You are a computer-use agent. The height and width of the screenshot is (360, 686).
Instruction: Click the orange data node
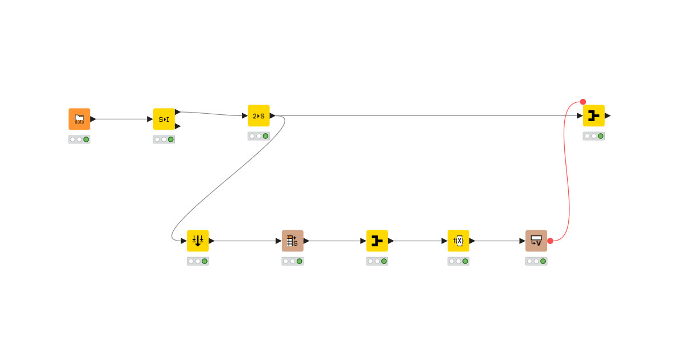tap(79, 119)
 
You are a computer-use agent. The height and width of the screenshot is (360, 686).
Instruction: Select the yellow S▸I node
tap(164, 119)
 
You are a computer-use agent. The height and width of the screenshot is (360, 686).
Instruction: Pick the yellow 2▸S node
tap(258, 115)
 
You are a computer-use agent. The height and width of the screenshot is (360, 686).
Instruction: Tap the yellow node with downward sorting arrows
tap(198, 241)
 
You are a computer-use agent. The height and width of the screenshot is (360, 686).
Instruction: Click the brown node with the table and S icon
tap(293, 241)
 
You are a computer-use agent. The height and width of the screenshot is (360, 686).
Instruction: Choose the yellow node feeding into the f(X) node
tap(377, 241)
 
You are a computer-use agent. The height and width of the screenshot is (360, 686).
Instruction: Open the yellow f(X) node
tap(458, 241)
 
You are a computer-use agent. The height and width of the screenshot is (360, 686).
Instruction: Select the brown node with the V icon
tap(536, 241)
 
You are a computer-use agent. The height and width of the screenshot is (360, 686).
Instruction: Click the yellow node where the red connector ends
tap(594, 115)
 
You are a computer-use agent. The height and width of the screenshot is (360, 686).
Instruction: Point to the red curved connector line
tap(568, 171)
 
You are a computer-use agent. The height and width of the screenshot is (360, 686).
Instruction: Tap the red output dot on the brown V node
tap(550, 241)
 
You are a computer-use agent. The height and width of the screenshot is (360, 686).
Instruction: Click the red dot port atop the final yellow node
tap(583, 102)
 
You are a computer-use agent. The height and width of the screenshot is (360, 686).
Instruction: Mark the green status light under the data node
tap(86, 139)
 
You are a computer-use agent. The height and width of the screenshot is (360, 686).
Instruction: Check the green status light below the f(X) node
tap(465, 261)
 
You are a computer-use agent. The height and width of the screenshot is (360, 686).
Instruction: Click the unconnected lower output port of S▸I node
tap(178, 126)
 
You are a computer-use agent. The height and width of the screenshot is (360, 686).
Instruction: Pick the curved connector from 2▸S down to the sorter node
tap(229, 177)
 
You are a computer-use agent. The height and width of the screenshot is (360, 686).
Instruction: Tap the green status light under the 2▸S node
tap(265, 136)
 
